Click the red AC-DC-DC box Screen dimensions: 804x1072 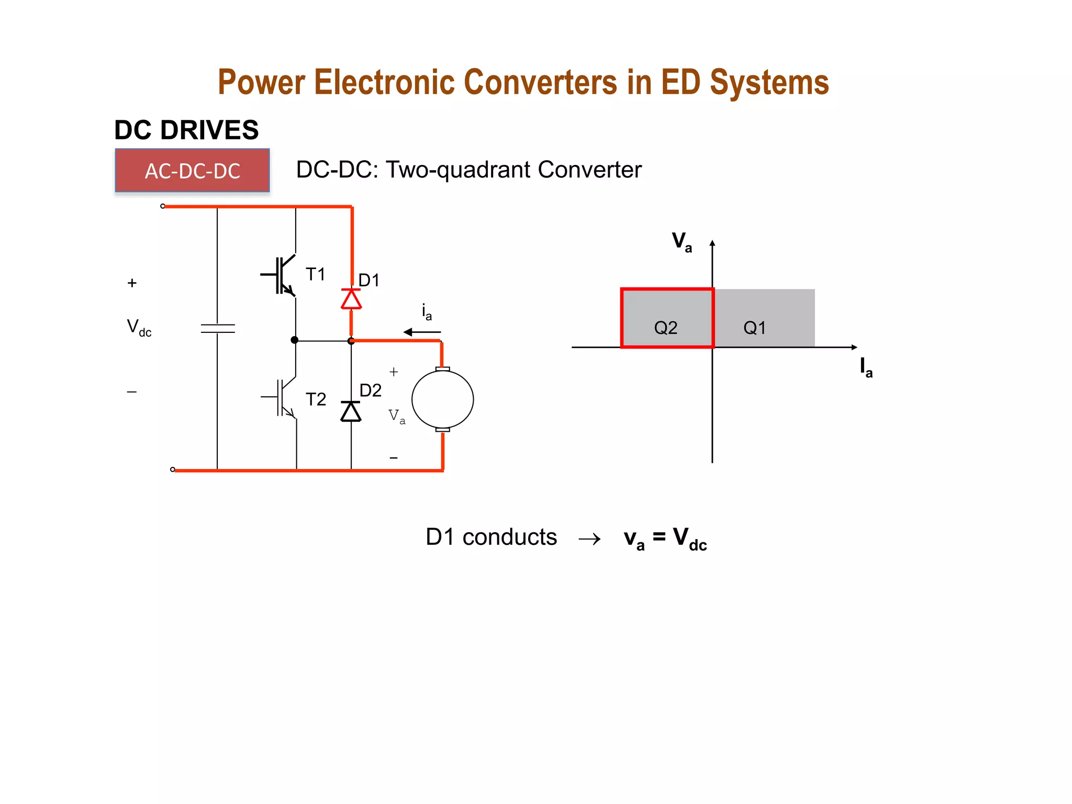tap(192, 171)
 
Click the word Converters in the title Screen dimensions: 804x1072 tap(540, 83)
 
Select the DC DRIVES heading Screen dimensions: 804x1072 tap(186, 130)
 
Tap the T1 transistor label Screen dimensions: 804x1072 tap(316, 274)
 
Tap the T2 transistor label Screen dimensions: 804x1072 tap(316, 399)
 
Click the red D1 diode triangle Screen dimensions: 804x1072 tap(351, 299)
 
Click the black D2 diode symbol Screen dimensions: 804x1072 tap(351, 411)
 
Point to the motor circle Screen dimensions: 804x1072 tap(443, 399)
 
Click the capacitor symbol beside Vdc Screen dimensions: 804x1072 tap(218, 329)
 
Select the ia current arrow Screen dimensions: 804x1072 tap(422, 332)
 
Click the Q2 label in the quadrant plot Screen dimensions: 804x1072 tap(666, 328)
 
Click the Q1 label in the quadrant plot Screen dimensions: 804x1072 tap(754, 328)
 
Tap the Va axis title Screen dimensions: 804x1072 tap(682, 242)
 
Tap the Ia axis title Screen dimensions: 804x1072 tap(866, 367)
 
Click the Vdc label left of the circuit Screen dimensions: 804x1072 tap(139, 328)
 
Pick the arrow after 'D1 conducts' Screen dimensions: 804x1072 tap(589, 539)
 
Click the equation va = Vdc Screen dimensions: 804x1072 tap(665, 539)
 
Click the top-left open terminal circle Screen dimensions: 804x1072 tap(163, 206)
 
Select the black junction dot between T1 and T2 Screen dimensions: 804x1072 tap(295, 340)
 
